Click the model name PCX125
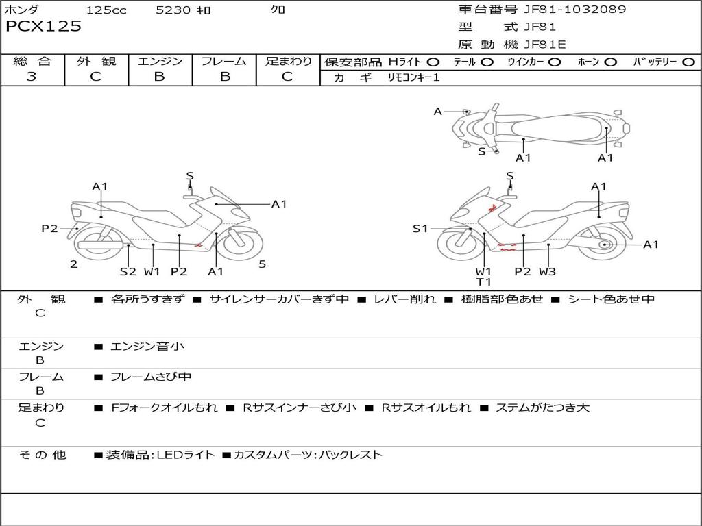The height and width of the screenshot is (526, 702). [x=44, y=27]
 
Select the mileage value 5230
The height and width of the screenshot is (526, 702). [x=173, y=10]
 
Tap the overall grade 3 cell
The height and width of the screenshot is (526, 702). [x=32, y=77]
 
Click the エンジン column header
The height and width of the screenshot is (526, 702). [x=160, y=61]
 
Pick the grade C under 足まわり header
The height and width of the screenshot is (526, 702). [x=287, y=77]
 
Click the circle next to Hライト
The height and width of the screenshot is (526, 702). [x=433, y=62]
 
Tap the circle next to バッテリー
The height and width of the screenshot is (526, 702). [x=688, y=62]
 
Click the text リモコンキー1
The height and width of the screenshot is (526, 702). [x=409, y=77]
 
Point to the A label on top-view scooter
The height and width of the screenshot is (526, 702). [x=438, y=111]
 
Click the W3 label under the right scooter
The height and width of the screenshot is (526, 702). [x=547, y=271]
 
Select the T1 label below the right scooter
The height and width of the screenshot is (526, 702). [x=484, y=281]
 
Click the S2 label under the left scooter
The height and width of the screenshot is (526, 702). [x=128, y=271]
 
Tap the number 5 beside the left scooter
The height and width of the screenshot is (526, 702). [x=262, y=264]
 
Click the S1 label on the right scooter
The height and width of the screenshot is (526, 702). [x=420, y=229]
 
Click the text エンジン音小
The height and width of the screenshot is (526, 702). [x=147, y=347]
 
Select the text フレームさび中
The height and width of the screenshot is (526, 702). [x=151, y=377]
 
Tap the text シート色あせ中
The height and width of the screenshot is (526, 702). [x=612, y=299]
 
